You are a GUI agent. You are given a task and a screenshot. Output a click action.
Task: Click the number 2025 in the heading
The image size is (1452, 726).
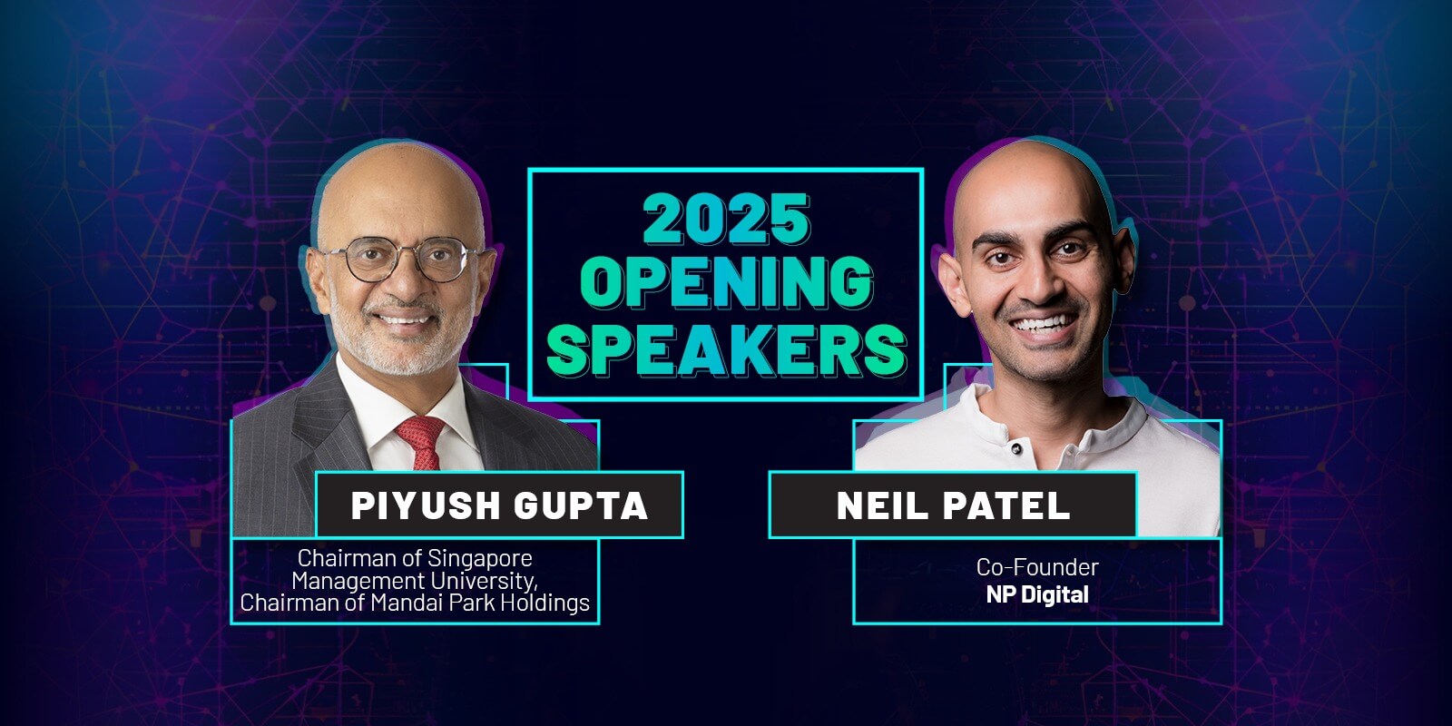click(x=727, y=219)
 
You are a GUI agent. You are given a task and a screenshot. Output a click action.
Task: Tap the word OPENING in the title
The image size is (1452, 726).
click(x=727, y=282)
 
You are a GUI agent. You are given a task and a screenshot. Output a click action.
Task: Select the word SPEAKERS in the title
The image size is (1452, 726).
click(x=727, y=349)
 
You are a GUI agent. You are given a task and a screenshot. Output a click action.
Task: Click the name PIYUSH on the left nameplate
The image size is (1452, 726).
click(x=426, y=505)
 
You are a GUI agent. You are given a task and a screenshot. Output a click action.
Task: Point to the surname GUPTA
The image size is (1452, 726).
click(x=581, y=505)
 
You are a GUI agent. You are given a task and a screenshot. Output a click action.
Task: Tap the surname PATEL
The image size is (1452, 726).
click(x=1006, y=505)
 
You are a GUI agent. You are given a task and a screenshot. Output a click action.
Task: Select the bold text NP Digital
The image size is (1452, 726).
click(x=1037, y=595)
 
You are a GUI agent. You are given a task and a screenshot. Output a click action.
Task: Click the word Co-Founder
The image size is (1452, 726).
click(x=1037, y=567)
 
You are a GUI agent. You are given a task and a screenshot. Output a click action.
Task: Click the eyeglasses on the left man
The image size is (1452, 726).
click(x=403, y=260)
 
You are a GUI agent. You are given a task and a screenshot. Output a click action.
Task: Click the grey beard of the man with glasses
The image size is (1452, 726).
click(x=396, y=344)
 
